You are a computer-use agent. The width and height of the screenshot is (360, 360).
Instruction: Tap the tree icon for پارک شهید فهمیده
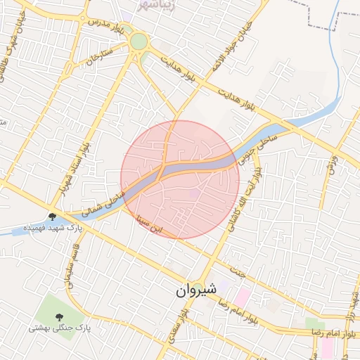[53, 216]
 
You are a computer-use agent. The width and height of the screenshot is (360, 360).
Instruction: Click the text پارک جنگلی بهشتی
[60, 328]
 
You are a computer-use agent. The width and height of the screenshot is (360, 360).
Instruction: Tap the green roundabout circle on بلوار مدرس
[139, 42]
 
